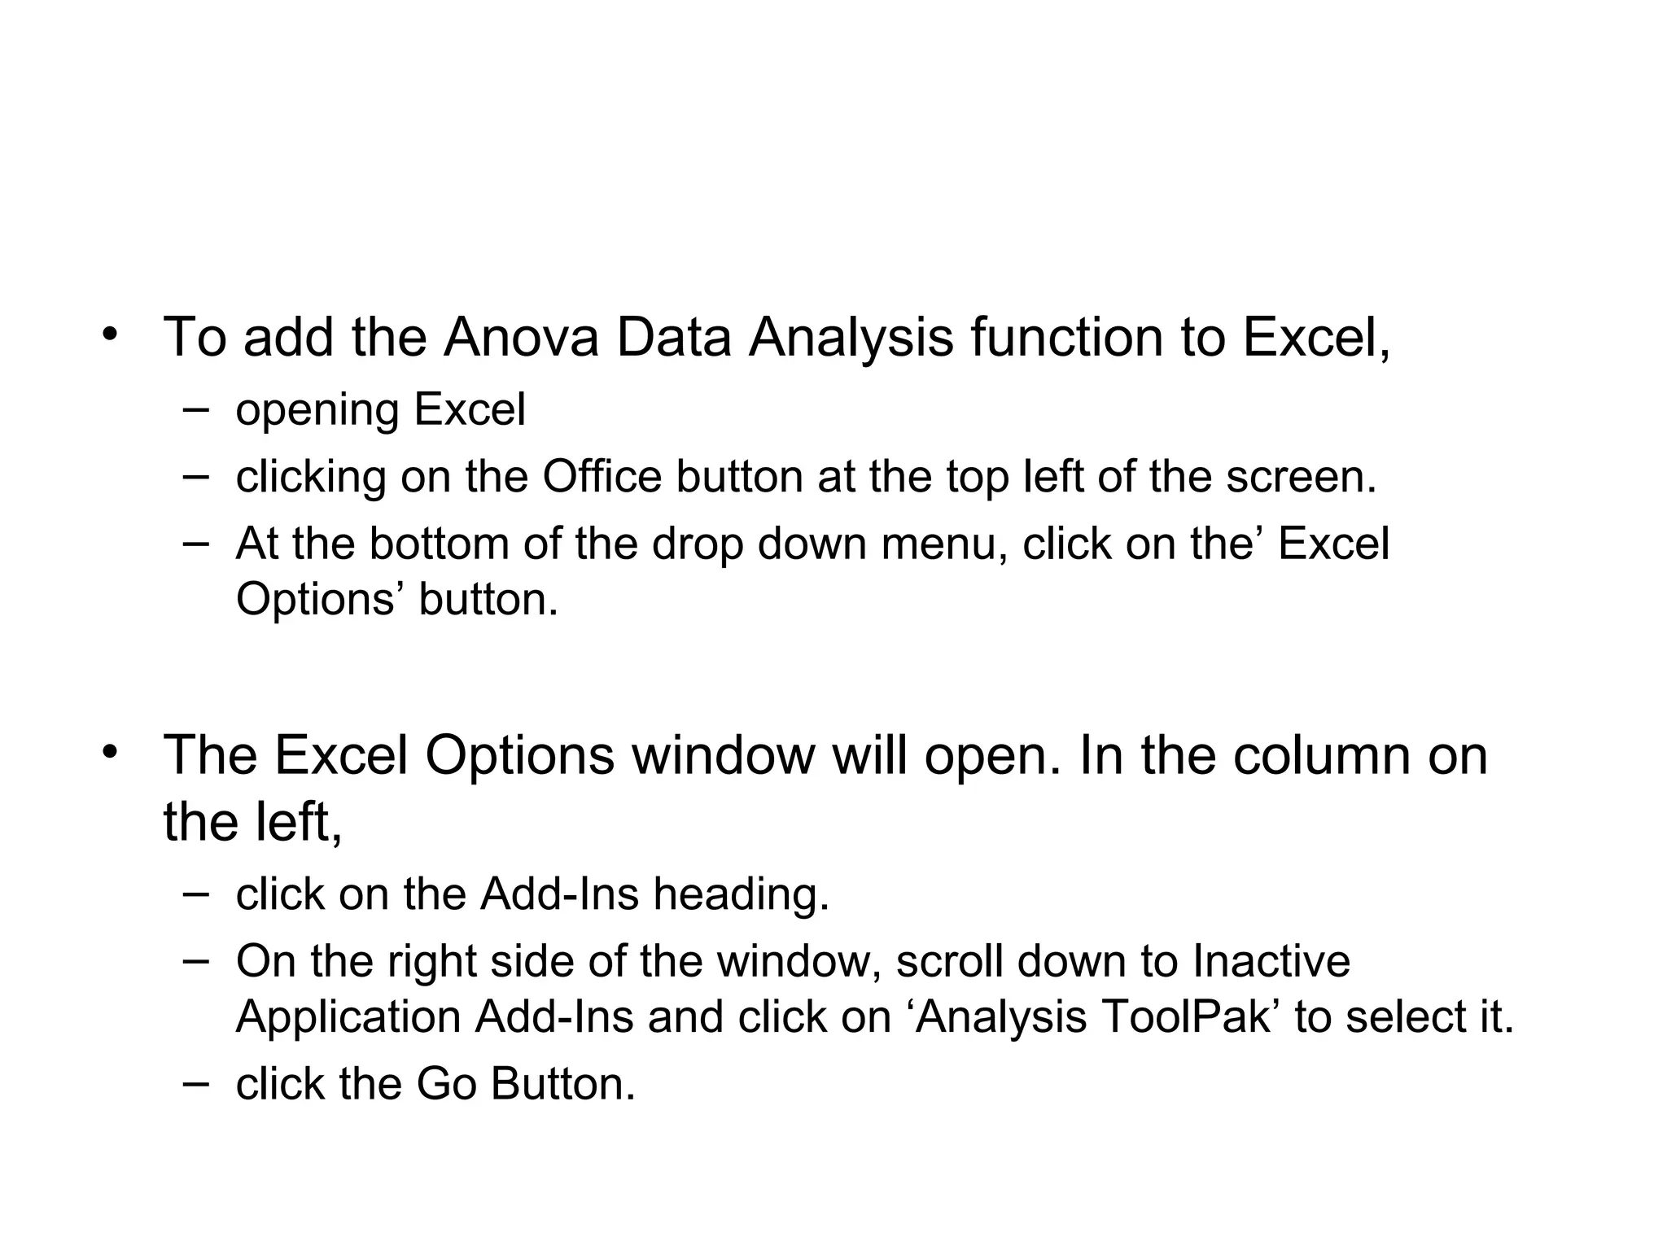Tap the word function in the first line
point(1067,337)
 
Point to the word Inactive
point(1271,961)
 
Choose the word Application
point(348,1019)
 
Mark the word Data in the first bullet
point(674,337)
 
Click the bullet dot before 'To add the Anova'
point(110,335)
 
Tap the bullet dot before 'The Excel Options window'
point(110,753)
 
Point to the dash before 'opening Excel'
point(195,408)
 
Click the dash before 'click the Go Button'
point(195,1082)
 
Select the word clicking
point(310,479)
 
